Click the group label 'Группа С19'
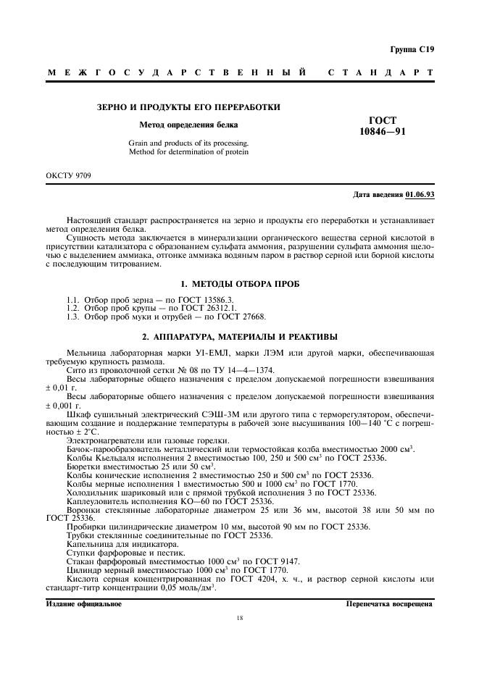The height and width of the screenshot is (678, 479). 412,49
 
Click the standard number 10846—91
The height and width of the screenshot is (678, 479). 383,133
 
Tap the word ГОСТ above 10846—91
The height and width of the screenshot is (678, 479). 383,121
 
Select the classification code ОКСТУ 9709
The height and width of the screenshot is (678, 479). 69,175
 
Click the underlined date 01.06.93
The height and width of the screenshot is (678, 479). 420,196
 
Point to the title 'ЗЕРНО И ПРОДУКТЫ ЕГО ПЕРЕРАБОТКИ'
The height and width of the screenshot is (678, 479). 188,107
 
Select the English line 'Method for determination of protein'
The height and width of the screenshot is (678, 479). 188,152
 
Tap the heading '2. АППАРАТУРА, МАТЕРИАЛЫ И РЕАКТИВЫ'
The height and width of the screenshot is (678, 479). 240,337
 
